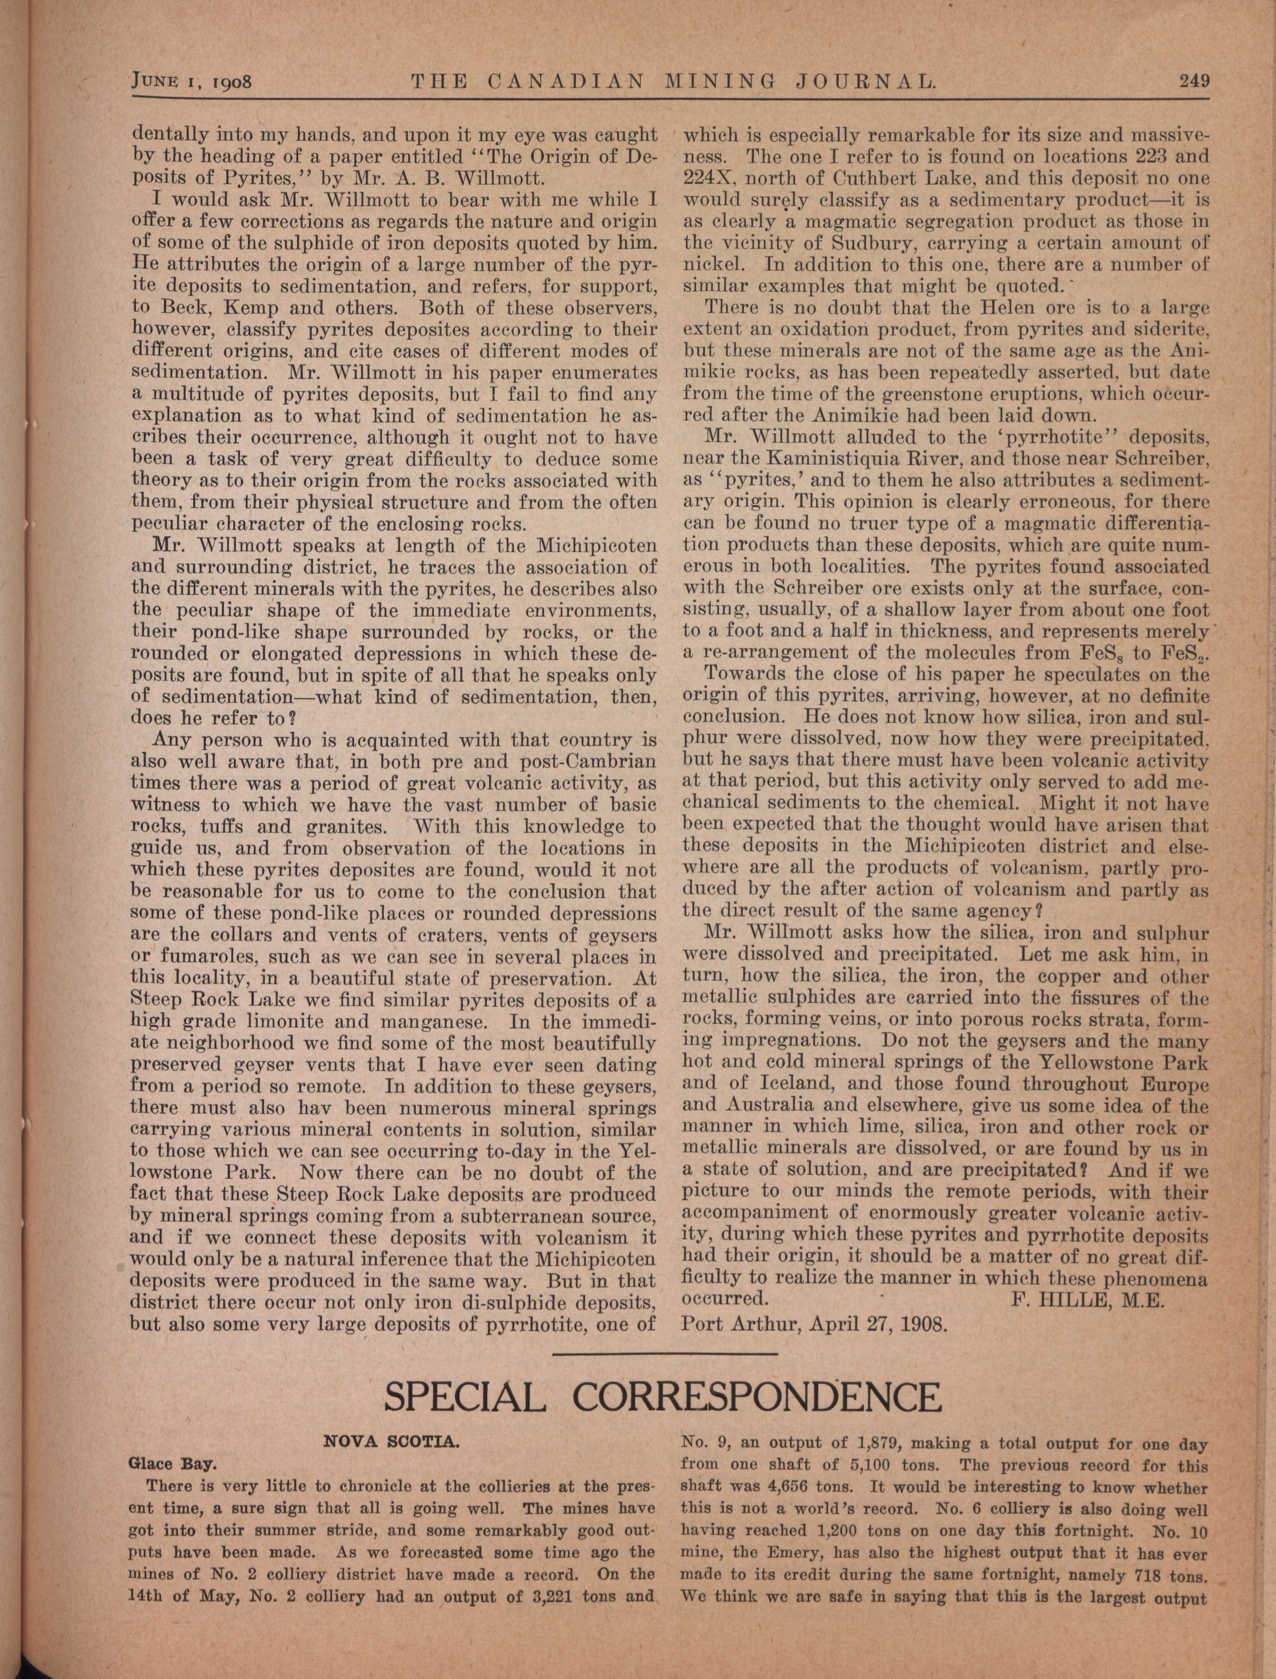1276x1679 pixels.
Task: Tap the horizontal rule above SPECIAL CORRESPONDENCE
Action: pos(665,1353)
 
